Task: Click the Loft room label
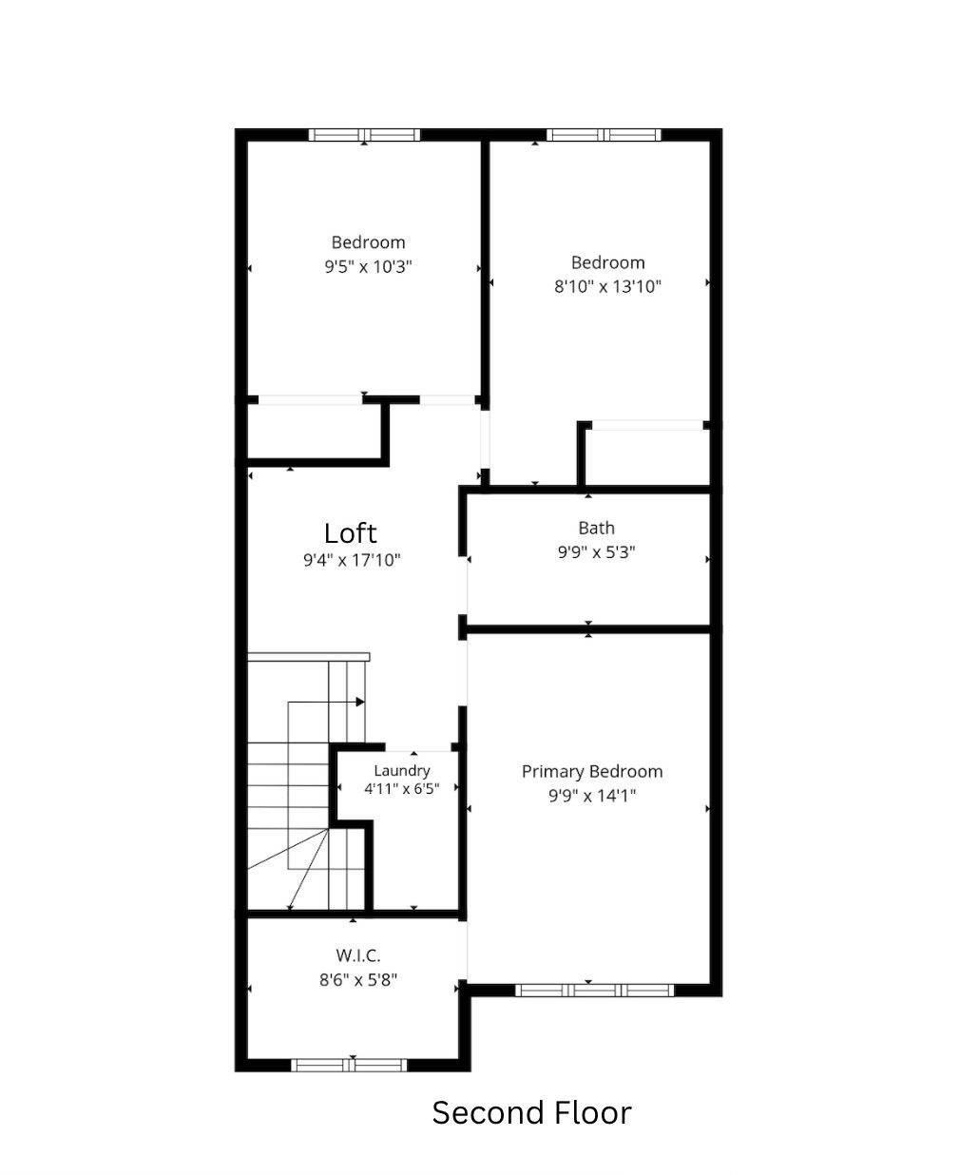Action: (x=350, y=533)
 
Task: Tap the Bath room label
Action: (x=596, y=528)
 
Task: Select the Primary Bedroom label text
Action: (x=592, y=772)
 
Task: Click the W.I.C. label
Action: (x=358, y=955)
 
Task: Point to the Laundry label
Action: (x=402, y=770)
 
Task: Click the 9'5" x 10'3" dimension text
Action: (x=368, y=266)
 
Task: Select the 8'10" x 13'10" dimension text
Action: (x=607, y=286)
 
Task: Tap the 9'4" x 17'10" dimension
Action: (x=352, y=560)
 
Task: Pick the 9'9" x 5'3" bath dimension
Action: (x=596, y=552)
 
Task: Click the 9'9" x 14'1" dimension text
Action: (x=592, y=796)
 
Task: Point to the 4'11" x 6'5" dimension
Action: (x=402, y=788)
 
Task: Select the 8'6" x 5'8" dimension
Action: (x=358, y=980)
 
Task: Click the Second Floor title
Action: (x=531, y=1112)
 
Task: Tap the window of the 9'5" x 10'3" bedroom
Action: (x=365, y=135)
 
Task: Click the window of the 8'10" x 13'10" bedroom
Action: (x=604, y=135)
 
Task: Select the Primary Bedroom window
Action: (x=595, y=990)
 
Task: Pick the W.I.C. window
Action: (x=349, y=1066)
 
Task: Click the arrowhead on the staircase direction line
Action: (x=360, y=702)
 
